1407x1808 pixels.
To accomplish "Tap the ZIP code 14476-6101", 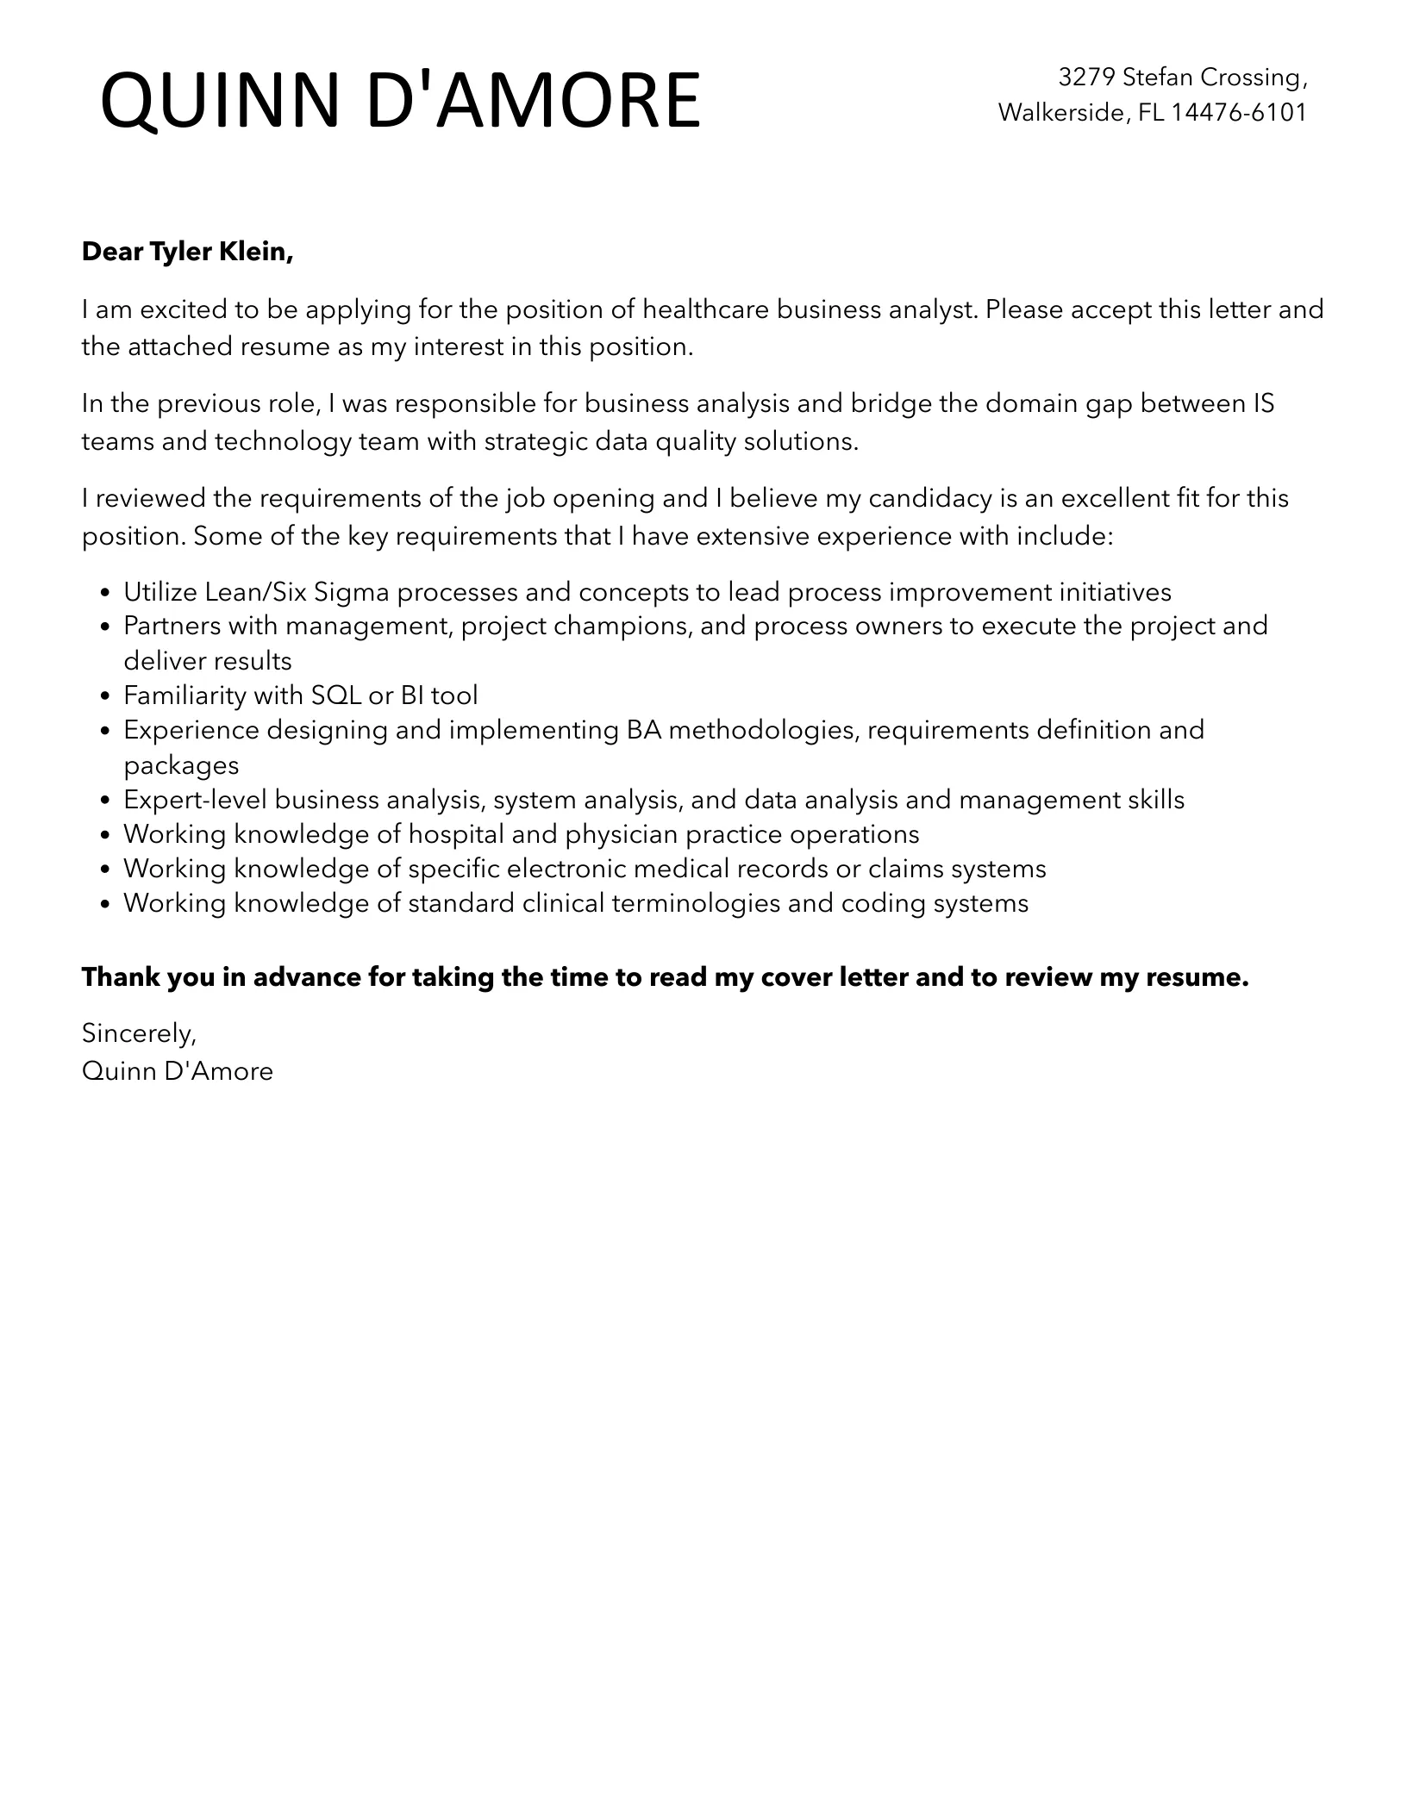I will pyautogui.click(x=1239, y=112).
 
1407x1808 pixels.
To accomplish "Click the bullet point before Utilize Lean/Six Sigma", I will pyautogui.click(x=105, y=593).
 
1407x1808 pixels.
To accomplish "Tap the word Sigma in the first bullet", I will pyautogui.click(x=351, y=592).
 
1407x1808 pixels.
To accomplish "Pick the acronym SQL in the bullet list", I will pyautogui.click(x=336, y=695).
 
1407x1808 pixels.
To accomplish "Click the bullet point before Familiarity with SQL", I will pyautogui.click(x=105, y=696).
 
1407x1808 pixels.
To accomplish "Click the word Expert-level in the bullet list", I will pyautogui.click(x=195, y=800).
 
